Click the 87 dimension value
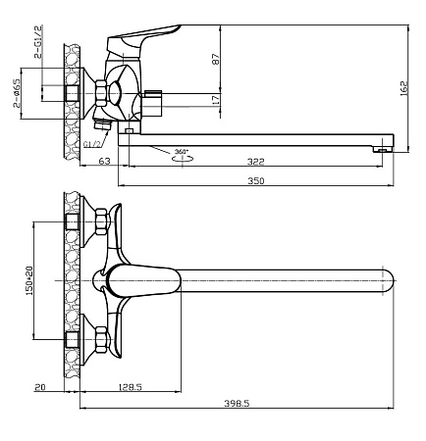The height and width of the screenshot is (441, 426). [x=216, y=59]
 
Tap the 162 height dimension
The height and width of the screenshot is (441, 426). [x=404, y=88]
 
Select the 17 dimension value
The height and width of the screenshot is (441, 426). [x=216, y=100]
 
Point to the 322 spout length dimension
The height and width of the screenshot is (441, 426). [x=255, y=162]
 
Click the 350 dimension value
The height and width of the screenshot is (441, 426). [x=255, y=180]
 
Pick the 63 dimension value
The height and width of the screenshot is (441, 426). [x=104, y=161]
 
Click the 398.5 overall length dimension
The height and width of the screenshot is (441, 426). [x=237, y=404]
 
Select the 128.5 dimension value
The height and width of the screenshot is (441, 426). [x=130, y=387]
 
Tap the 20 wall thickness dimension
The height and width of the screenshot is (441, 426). [x=40, y=387]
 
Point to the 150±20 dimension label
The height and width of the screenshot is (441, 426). [x=29, y=280]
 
